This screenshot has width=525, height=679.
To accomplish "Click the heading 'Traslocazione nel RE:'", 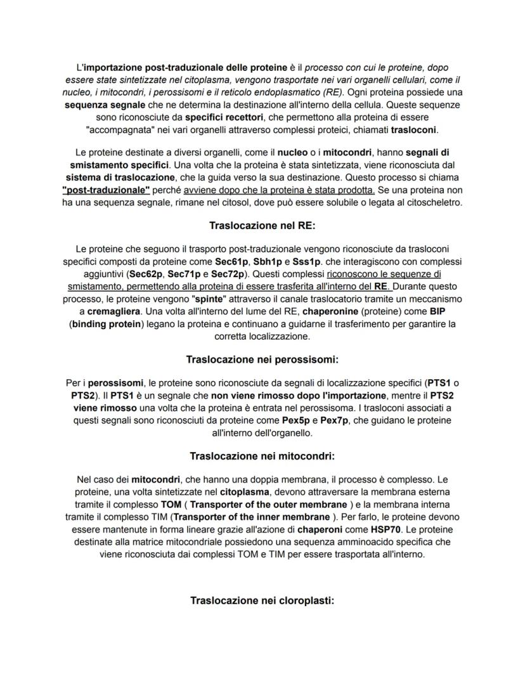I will (262, 226).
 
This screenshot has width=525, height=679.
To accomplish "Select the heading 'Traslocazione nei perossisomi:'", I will (262, 359).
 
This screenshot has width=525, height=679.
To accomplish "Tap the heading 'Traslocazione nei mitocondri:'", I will (262, 456).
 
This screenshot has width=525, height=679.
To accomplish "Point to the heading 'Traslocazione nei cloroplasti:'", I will (262, 600).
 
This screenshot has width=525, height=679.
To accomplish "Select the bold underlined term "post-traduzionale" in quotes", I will (106, 190).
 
